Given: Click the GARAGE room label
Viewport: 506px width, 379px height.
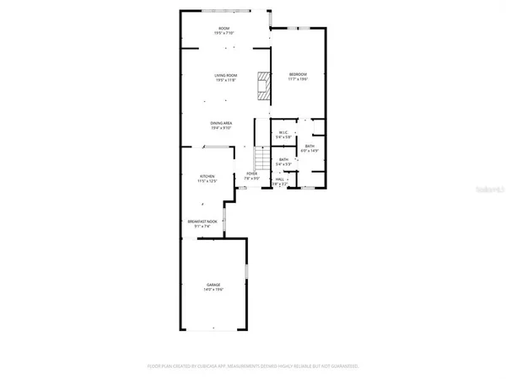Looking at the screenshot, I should (x=215, y=285).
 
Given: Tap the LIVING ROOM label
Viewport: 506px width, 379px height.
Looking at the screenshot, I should (x=225, y=75).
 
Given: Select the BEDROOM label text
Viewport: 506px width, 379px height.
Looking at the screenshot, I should (x=298, y=74).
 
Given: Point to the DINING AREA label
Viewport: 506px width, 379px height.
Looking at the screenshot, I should (x=222, y=123).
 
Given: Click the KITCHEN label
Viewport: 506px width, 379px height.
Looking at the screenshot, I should (x=196, y=176).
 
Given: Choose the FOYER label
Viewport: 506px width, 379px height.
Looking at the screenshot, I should (x=251, y=173).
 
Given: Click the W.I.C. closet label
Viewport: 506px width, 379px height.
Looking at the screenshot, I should (x=284, y=131).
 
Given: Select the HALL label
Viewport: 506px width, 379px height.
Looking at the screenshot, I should (x=280, y=178).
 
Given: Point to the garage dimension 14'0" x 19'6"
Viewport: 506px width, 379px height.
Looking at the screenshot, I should (x=215, y=290).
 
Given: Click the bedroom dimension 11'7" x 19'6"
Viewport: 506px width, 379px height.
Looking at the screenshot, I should (x=298, y=79).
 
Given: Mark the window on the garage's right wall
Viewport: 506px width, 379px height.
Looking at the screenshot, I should (x=246, y=276).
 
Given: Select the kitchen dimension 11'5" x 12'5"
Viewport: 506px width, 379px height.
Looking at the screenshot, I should (x=196, y=181).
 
